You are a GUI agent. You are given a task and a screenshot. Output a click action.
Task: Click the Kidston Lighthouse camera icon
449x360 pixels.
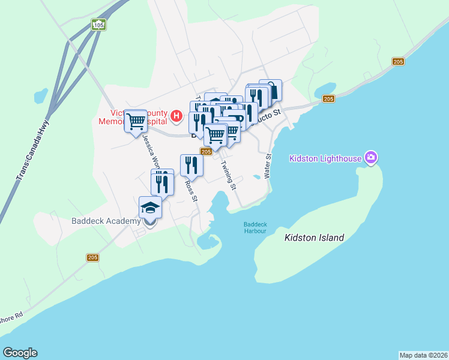pos(371,158)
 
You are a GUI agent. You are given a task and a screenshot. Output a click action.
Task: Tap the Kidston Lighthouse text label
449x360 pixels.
pos(325,158)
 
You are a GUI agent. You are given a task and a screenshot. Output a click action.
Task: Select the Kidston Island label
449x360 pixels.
pos(314,238)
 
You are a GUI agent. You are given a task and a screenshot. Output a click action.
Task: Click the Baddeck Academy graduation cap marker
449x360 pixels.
pos(150,208)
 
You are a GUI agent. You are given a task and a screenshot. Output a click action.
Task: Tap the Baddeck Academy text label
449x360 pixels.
pos(106,220)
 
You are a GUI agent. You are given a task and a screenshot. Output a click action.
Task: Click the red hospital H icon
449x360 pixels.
pos(176,115)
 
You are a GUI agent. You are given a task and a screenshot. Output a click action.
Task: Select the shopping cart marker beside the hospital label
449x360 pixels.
pos(136,121)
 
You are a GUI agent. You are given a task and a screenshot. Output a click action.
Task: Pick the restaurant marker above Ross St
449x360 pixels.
pos(191,164)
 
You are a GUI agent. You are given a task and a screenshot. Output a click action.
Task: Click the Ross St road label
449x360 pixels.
pos(191,191)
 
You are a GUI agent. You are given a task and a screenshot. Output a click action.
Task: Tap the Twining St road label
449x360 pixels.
pos(229,175)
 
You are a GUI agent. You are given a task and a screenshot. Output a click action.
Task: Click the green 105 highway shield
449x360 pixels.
pos(98,25)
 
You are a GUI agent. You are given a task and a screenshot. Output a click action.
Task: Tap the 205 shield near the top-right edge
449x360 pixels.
pos(398,62)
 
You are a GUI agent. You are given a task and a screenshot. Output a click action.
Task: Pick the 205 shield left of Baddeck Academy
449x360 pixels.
pos(92,257)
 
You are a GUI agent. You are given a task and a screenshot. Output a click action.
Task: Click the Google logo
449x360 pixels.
pos(20,353)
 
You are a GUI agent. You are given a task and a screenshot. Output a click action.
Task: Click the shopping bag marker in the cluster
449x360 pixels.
pos(271,91)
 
